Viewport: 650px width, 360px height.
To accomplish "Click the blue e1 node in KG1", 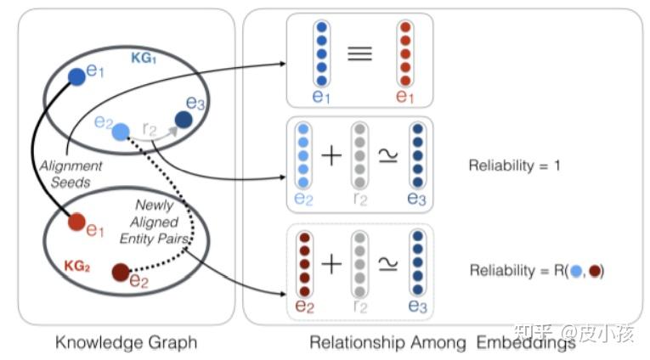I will [x=76, y=76].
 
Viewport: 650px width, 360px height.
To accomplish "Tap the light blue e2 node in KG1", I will [x=121, y=131].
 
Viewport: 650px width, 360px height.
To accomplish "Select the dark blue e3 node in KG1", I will [x=183, y=121].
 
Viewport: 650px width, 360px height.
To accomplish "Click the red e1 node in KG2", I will [x=76, y=222].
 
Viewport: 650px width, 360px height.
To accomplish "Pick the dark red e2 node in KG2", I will [x=122, y=273].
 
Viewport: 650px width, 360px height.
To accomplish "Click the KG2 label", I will [x=77, y=265].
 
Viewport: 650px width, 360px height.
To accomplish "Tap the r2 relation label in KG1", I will [x=150, y=128].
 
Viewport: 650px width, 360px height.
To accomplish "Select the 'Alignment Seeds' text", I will [x=71, y=173].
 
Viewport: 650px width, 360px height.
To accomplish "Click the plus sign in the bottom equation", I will [x=332, y=263].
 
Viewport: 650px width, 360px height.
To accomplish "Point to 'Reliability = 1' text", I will [x=514, y=166].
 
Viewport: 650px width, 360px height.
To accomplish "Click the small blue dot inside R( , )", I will [x=578, y=271].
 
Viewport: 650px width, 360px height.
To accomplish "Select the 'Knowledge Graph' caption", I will [x=126, y=343].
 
